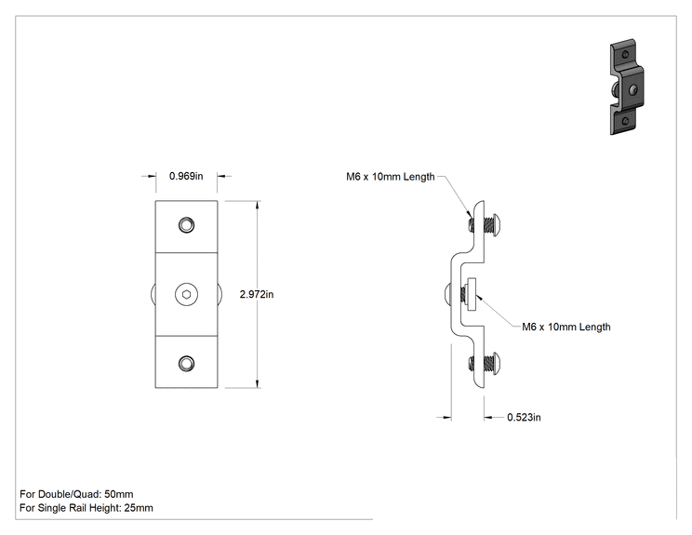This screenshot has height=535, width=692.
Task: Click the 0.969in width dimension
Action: [186, 176]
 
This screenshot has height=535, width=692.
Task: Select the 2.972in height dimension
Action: [257, 294]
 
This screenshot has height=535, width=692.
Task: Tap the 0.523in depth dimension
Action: [524, 417]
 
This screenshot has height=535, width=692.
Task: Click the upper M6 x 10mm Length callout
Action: [390, 177]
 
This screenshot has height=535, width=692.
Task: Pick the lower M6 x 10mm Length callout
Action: [566, 327]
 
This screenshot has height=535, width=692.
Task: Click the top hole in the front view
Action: [186, 225]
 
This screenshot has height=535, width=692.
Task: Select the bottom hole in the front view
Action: [186, 364]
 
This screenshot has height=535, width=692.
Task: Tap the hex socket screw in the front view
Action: [186, 294]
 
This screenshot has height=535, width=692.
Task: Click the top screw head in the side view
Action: [496, 225]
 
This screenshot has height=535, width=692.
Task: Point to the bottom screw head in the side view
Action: [496, 363]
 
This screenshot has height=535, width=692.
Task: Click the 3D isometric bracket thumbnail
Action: [627, 87]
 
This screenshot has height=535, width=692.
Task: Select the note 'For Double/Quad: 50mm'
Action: [76, 494]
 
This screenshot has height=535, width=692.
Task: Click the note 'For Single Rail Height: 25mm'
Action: [86, 508]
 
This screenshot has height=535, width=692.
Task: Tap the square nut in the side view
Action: [472, 294]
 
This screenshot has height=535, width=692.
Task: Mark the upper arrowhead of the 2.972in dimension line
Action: [258, 206]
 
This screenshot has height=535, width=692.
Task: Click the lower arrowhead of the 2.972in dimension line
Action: [258, 383]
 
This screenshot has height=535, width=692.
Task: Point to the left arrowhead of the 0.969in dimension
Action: [151, 176]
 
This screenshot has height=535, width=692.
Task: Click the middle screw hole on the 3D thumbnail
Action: [633, 90]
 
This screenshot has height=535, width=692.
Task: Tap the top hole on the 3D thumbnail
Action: [625, 55]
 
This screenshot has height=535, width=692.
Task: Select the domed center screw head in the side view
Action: [446, 294]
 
